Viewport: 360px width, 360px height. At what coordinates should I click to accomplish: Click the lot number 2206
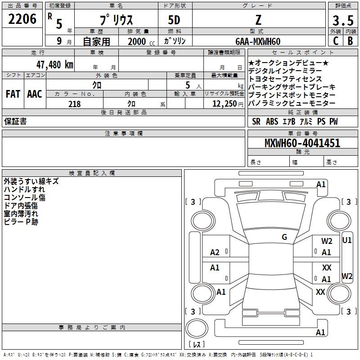22,19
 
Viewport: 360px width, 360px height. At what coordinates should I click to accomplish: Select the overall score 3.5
343,21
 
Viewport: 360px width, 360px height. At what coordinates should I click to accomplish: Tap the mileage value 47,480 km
53,64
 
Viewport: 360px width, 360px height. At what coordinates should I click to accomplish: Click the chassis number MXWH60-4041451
302,144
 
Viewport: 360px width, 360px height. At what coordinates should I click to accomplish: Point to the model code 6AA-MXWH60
258,41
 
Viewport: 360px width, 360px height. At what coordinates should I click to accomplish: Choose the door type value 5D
174,21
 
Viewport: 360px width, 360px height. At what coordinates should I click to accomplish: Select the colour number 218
74,104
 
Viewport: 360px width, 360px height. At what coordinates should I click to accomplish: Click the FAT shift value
13,94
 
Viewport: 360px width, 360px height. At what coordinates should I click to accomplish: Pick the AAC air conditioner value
35,94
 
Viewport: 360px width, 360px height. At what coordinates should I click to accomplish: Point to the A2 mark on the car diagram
215,252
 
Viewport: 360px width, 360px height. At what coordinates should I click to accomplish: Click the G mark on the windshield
284,237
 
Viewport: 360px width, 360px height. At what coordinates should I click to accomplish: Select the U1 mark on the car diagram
347,240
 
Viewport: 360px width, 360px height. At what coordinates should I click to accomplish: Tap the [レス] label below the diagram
197,345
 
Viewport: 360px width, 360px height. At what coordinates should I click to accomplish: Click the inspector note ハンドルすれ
24,189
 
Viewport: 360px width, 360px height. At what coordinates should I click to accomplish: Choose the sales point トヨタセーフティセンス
285,79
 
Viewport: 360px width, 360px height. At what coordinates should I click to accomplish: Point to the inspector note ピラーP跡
21,222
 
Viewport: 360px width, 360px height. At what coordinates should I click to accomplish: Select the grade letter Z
259,21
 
